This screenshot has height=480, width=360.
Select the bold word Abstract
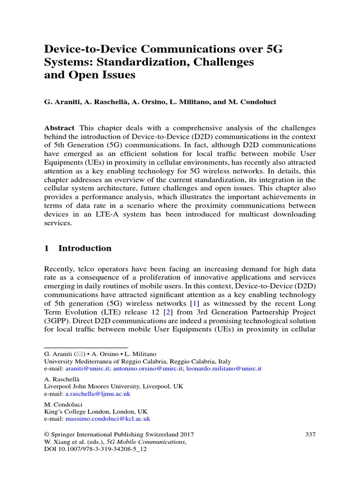[x=59, y=128]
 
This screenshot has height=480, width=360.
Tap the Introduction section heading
[x=85, y=248]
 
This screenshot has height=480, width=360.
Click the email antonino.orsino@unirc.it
[x=148, y=369]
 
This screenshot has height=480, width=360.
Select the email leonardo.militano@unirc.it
[x=224, y=369]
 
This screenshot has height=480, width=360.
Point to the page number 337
[x=310, y=435]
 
